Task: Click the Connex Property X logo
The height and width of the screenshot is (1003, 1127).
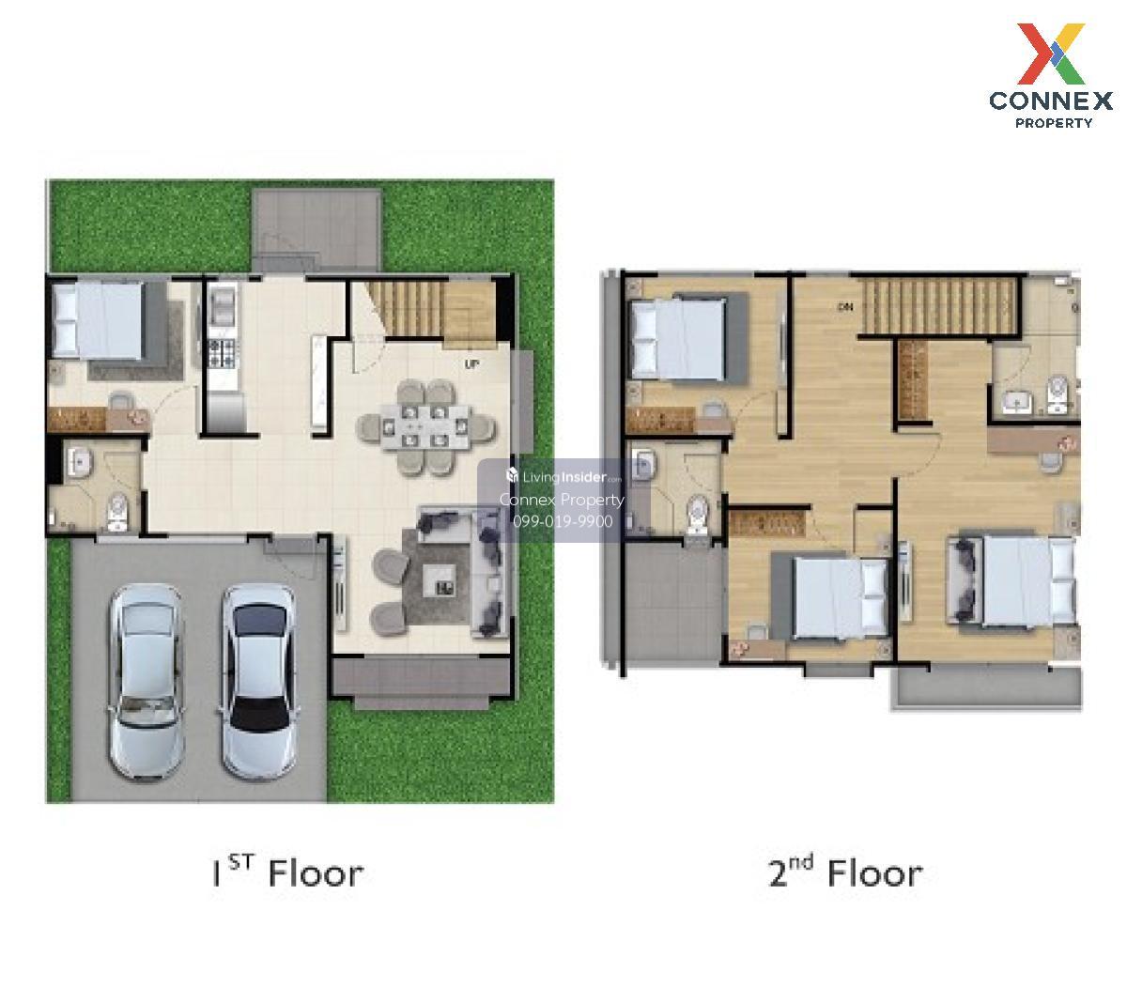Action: pos(1050,54)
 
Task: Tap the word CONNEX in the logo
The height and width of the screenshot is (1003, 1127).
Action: pos(1051,101)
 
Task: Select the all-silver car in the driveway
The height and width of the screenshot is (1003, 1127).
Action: pos(147,682)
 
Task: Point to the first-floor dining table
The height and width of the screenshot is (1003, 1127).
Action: pos(425,426)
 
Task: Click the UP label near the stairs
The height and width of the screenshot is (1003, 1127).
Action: pos(471,364)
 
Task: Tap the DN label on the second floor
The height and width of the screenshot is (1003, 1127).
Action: pos(845,306)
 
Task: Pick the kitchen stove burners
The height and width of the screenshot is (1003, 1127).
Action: pos(224,353)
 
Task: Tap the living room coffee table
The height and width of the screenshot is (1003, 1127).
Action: pos(440,580)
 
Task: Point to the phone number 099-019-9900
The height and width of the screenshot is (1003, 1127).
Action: pos(563,521)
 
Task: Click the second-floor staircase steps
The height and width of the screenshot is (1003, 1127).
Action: pos(939,306)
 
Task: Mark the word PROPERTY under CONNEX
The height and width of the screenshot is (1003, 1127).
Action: pos(1054,123)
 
